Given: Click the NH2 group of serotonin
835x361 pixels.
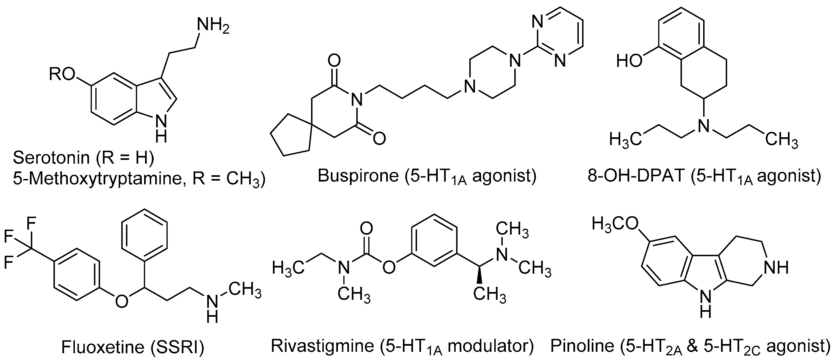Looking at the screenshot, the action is (213, 25).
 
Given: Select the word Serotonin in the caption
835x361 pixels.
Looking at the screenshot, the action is (51, 158).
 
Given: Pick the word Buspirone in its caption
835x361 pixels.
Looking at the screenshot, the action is (358, 176).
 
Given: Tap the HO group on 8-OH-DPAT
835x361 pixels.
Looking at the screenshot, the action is (629, 61).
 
